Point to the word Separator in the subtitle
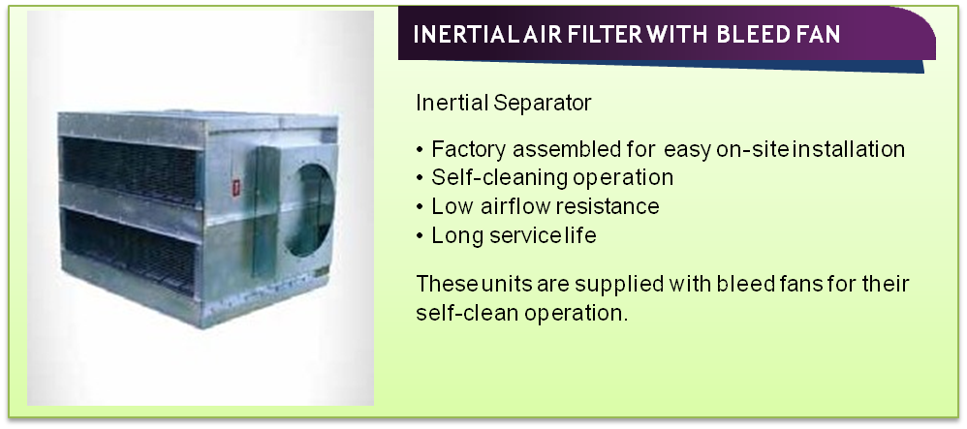tap(542, 103)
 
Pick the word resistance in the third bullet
tap(607, 206)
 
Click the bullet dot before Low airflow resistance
tap(420, 207)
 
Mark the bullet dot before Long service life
tap(420, 236)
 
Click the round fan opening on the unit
tap(310, 210)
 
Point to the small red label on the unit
tap(234, 187)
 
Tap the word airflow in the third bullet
tap(516, 206)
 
